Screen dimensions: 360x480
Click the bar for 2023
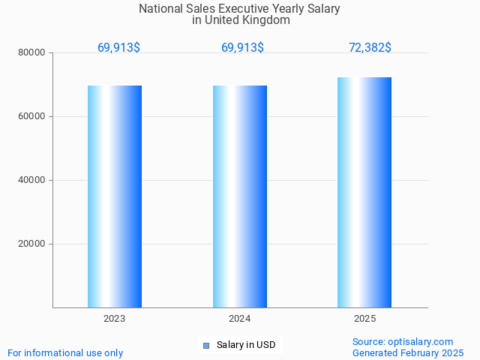pos(115,196)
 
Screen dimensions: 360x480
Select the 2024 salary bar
pos(240,196)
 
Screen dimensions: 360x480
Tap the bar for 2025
pos(364,192)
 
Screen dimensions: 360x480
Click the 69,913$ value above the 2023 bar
pos(118,48)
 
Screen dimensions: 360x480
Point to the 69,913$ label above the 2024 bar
pos(242,48)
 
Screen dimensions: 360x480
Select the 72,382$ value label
pos(370,48)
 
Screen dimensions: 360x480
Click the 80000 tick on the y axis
pos(31,52)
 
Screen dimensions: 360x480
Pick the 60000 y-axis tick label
pos(31,116)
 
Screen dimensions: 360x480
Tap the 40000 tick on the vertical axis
pos(31,180)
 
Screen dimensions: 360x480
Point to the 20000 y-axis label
pos(31,244)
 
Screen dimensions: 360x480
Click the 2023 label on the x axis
pos(115,319)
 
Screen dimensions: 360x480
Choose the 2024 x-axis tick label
pos(240,319)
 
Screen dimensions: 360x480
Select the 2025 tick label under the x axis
pos(364,319)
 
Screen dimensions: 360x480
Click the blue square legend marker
pos(206,345)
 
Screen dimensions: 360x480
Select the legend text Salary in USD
pos(246,345)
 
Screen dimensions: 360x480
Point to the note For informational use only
pos(65,352)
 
